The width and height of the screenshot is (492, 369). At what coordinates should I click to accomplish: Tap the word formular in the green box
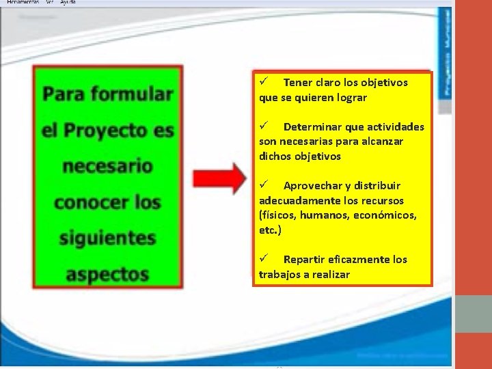[x=137, y=94]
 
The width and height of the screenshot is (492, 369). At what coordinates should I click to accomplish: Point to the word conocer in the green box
[x=87, y=202]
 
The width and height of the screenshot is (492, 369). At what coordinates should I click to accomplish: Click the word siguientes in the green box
[x=107, y=238]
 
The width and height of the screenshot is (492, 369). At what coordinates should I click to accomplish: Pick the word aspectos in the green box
[x=107, y=275]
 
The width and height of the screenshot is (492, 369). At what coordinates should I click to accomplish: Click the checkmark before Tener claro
[x=264, y=82]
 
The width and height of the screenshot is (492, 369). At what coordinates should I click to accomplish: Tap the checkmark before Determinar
[x=264, y=126]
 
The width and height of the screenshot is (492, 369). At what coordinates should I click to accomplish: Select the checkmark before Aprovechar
[x=264, y=185]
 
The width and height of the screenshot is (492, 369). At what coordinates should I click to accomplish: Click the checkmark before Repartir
[x=264, y=259]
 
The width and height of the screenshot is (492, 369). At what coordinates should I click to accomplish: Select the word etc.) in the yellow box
[x=270, y=230]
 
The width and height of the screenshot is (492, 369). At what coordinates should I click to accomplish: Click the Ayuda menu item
[x=68, y=3]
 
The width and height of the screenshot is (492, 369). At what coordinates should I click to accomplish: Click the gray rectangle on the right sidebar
[x=472, y=314]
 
